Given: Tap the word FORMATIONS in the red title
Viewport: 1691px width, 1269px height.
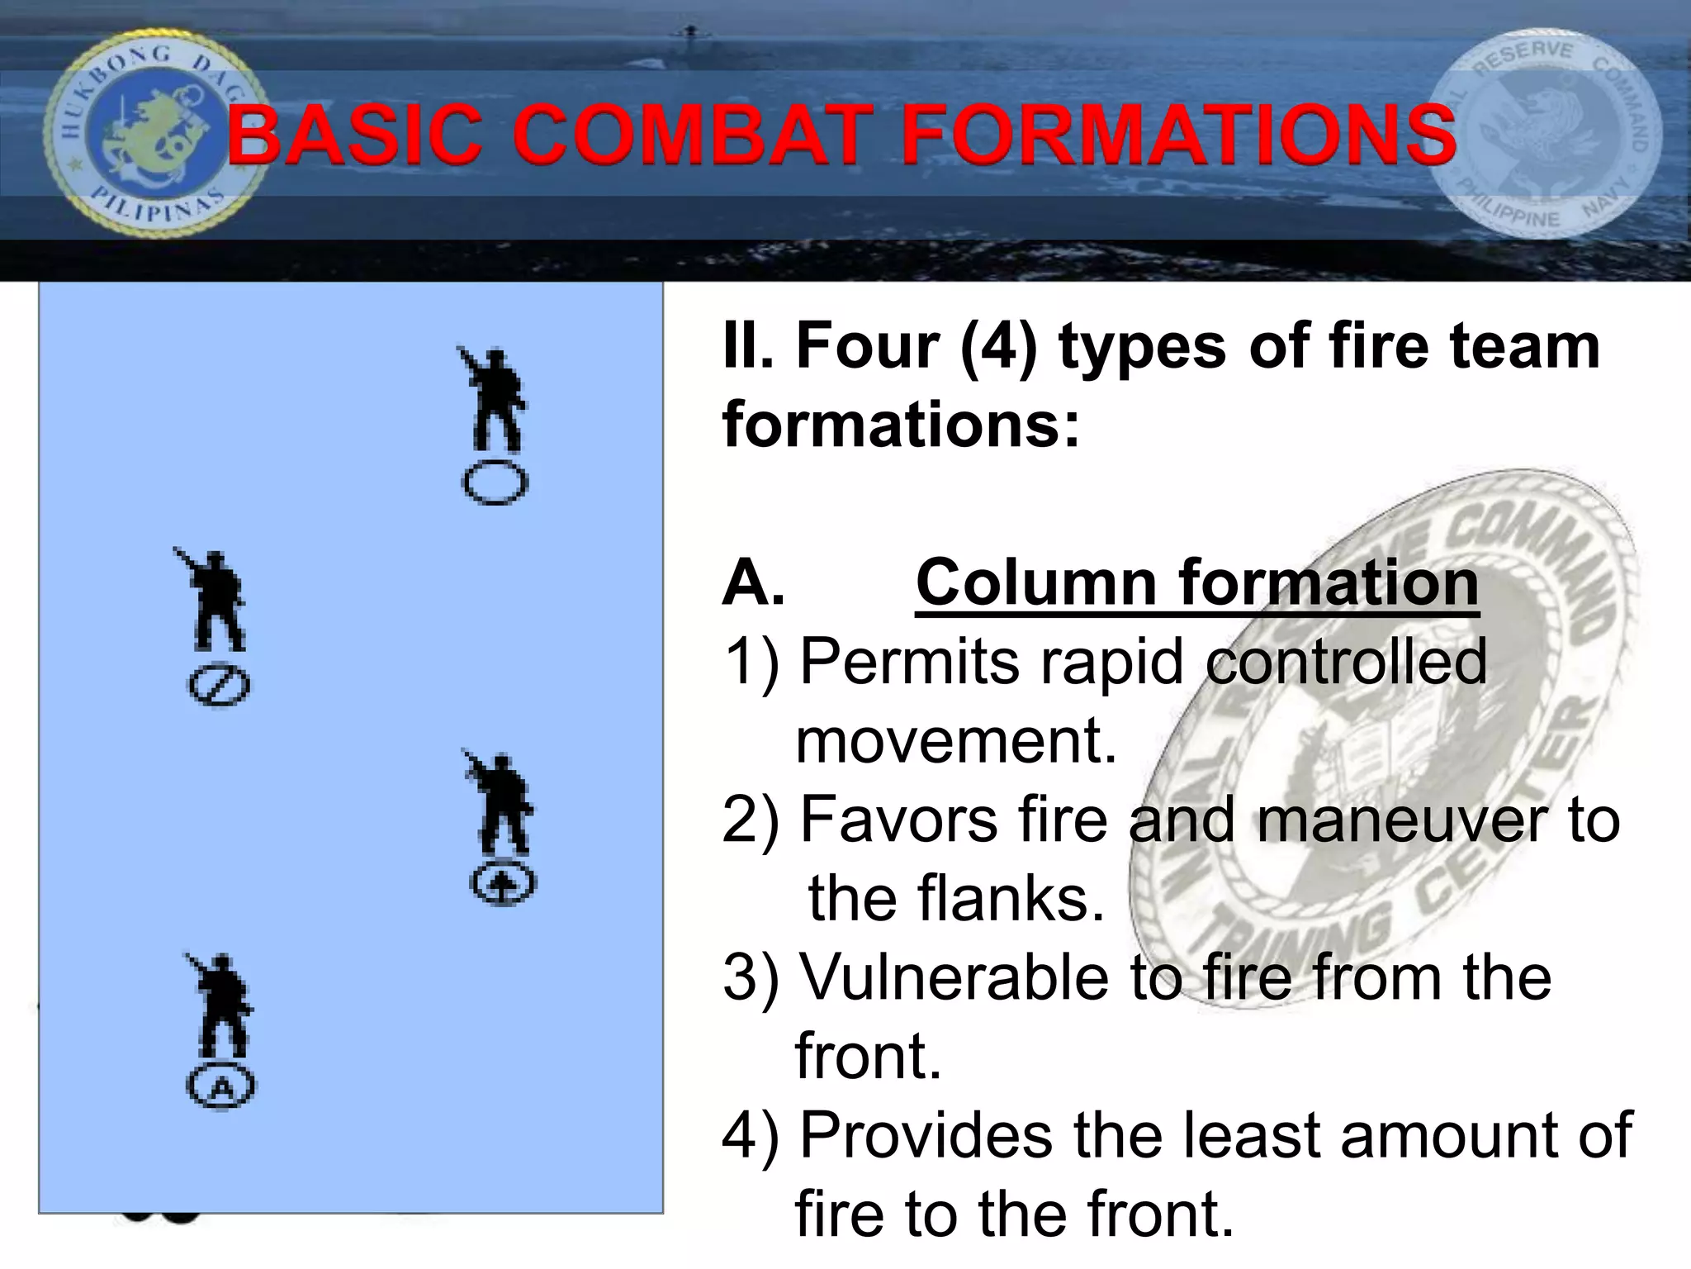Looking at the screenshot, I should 1179,135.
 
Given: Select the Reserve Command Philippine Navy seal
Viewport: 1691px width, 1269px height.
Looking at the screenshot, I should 1542,134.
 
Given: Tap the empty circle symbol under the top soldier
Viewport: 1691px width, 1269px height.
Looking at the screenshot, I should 495,483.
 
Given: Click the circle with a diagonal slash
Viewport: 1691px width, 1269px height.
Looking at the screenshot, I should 219,687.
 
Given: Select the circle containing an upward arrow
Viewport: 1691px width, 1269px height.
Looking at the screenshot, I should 503,884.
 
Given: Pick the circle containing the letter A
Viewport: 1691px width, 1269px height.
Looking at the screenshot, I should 220,1086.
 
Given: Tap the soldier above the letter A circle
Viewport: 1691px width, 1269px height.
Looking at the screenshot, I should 220,1004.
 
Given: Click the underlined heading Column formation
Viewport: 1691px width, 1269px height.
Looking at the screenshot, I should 1196,582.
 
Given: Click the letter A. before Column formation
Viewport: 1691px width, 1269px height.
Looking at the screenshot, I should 752,582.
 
